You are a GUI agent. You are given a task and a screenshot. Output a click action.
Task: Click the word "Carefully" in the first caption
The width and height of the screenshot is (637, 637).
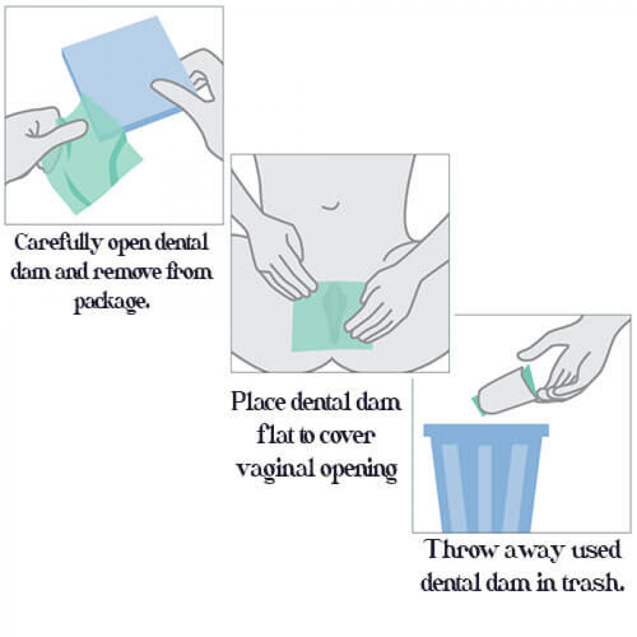[57, 243]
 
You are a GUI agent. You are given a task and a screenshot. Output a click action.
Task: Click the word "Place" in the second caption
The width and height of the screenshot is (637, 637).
[259, 402]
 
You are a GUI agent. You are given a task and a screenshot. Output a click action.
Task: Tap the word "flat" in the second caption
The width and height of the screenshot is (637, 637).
[276, 435]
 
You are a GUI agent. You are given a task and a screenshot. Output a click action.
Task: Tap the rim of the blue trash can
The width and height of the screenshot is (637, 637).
[486, 430]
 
